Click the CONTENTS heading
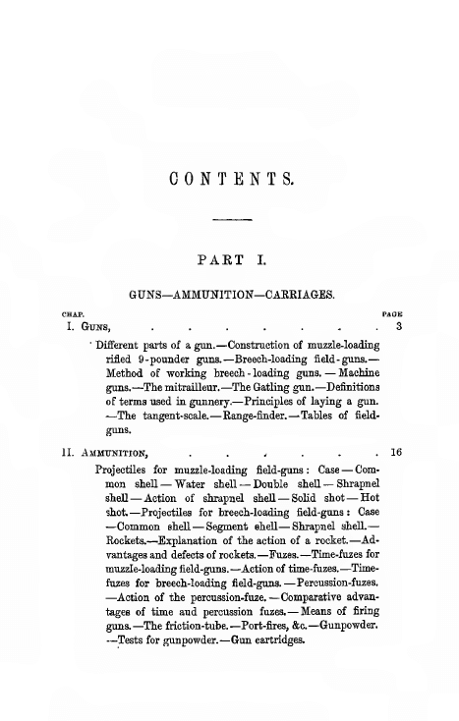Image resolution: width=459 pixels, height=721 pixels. pos(232,180)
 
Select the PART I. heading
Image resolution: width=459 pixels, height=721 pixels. pos(232,261)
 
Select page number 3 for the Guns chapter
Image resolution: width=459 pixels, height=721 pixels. pos(396,325)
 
